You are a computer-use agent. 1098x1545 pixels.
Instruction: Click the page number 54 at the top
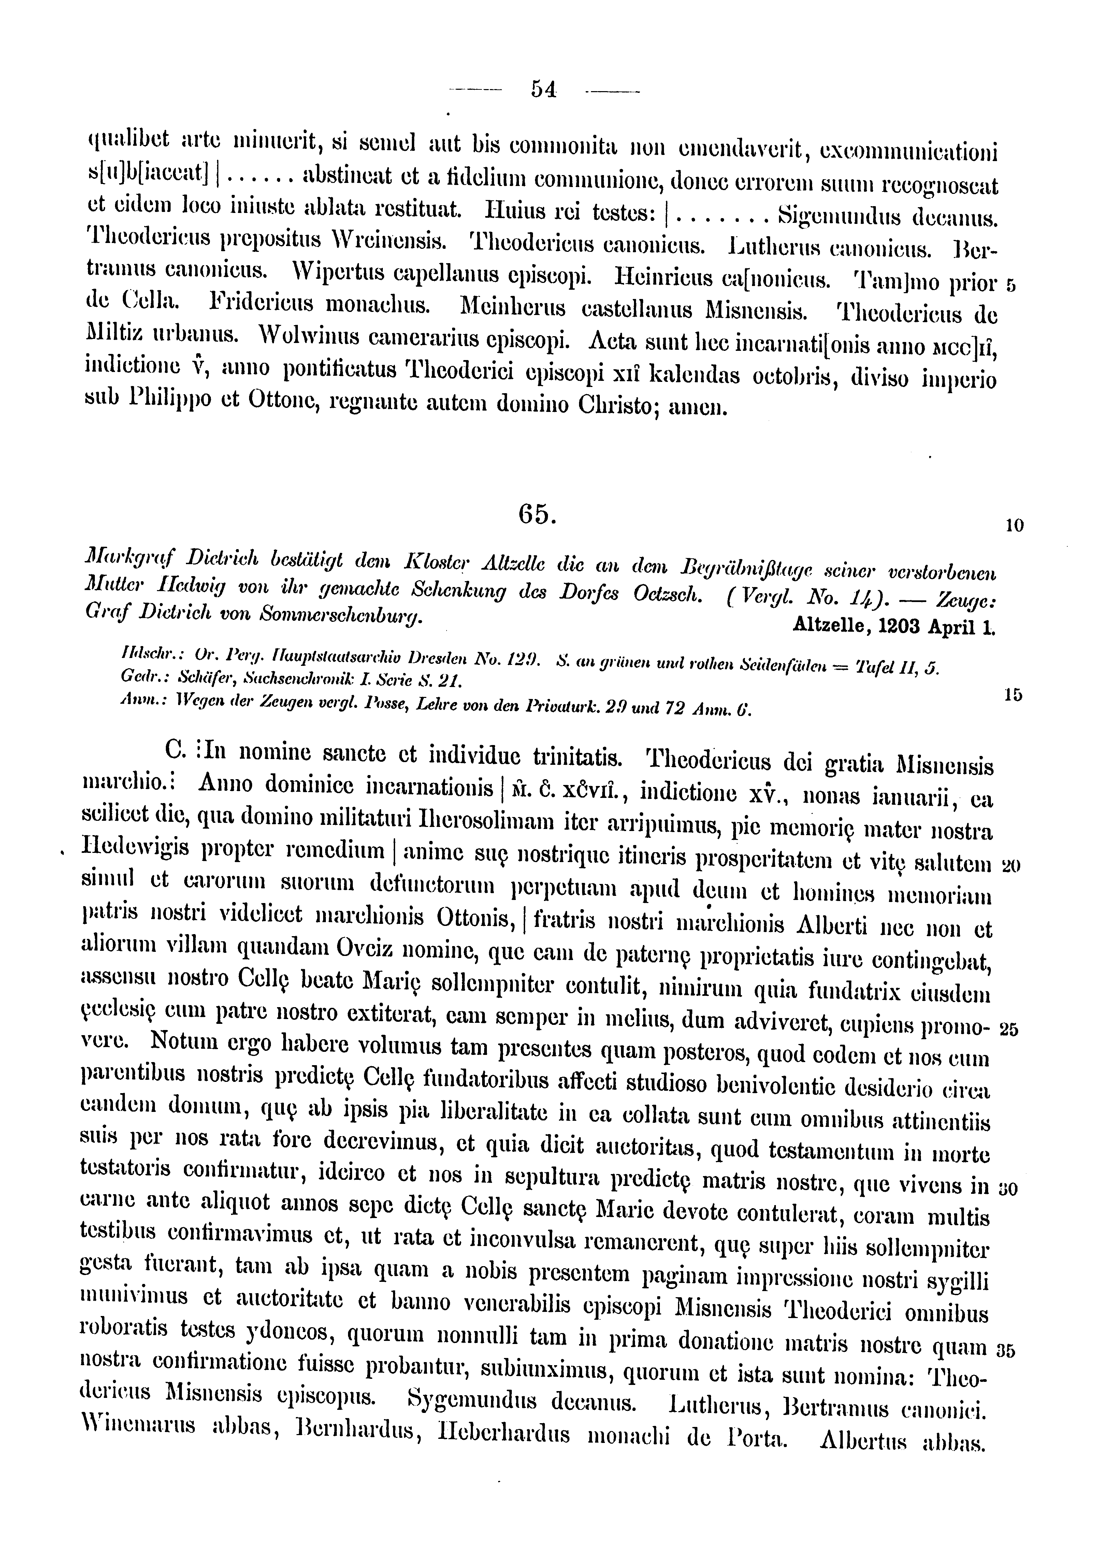[x=544, y=89]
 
